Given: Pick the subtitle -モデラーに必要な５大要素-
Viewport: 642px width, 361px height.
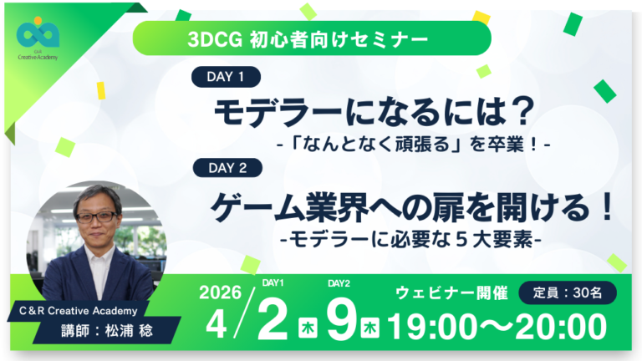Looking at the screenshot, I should [413, 240].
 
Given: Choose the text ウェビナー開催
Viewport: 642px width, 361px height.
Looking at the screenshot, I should [451, 293].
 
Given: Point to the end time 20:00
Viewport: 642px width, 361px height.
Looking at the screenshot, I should [559, 327].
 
